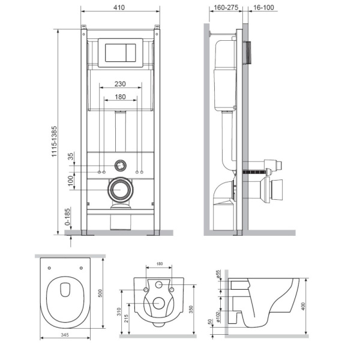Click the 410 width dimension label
120,8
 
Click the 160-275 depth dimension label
225,8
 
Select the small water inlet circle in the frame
121,163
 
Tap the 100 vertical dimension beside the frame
70,180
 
